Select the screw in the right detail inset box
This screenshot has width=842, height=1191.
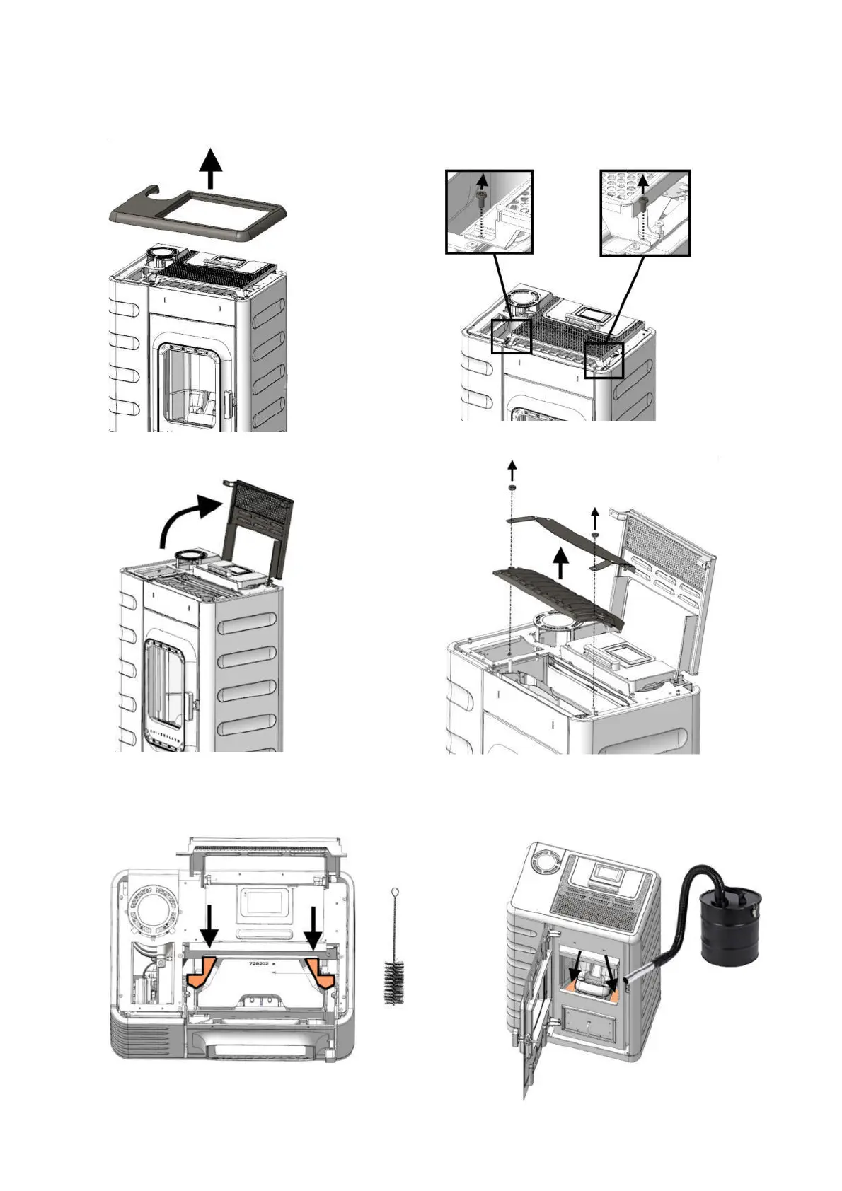click(642, 203)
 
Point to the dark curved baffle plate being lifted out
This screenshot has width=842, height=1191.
click(560, 595)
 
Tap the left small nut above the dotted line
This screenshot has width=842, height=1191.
click(510, 489)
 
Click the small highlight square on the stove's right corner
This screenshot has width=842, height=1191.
click(604, 360)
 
